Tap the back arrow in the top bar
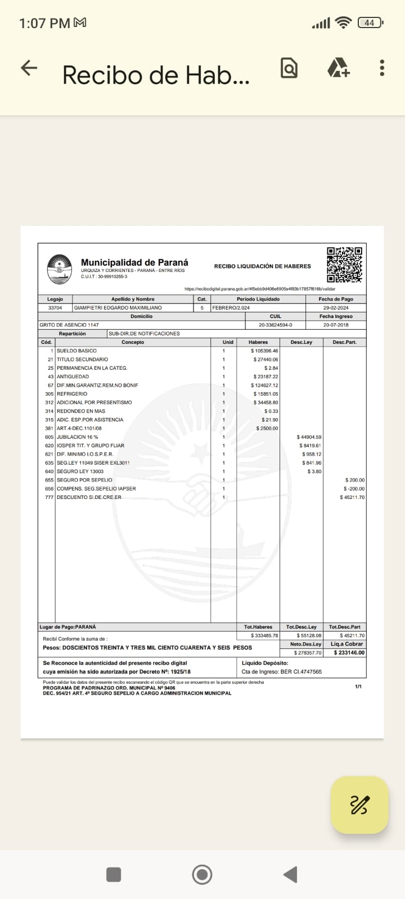29,69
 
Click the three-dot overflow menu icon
382,68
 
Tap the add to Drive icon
338,68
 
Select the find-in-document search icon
289,68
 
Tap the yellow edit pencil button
359,805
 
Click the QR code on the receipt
344,264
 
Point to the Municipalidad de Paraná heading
134,262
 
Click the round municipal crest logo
59,269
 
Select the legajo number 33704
55,308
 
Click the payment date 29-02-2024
336,308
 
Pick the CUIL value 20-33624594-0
276,325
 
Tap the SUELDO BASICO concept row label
76,351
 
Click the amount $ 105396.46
264,351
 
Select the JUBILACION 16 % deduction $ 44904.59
309,437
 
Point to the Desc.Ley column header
301,342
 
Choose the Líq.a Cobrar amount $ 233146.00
349,653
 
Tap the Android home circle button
202,874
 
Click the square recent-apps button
114,874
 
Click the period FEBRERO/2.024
231,308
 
